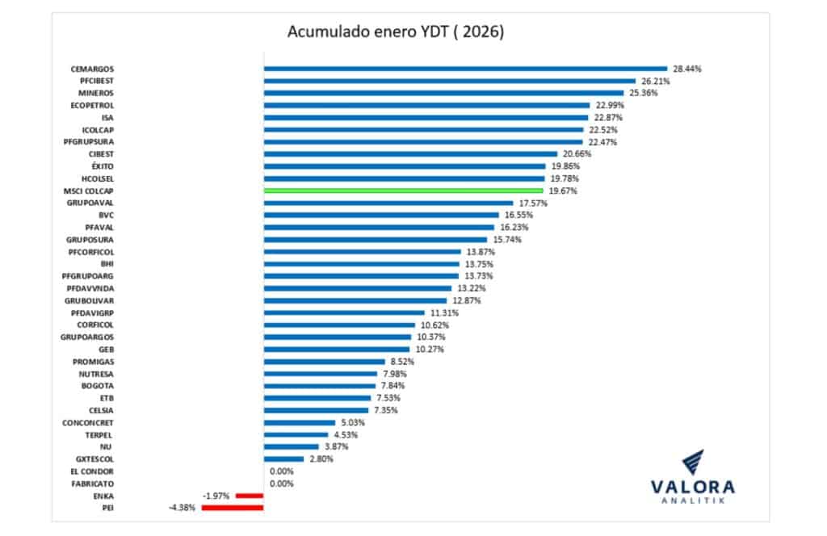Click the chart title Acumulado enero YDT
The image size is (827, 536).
pyautogui.click(x=396, y=32)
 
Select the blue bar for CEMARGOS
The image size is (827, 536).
pyautogui.click(x=465, y=69)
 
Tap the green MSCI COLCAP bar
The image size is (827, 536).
pyautogui.click(x=403, y=191)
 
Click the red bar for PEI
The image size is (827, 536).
pyautogui.click(x=238, y=508)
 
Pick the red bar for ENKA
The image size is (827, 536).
pyautogui.click(x=249, y=496)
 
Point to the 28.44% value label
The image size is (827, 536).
pyautogui.click(x=687, y=69)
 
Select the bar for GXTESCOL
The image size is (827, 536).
pyautogui.click(x=283, y=459)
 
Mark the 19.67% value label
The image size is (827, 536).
pyautogui.click(x=564, y=191)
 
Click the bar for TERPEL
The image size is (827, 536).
pyautogui.click(x=296, y=434)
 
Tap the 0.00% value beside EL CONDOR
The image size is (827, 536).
pyautogui.click(x=280, y=471)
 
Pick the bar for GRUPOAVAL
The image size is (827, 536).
pyautogui.click(x=388, y=203)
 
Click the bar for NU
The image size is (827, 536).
pyautogui.click(x=291, y=446)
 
